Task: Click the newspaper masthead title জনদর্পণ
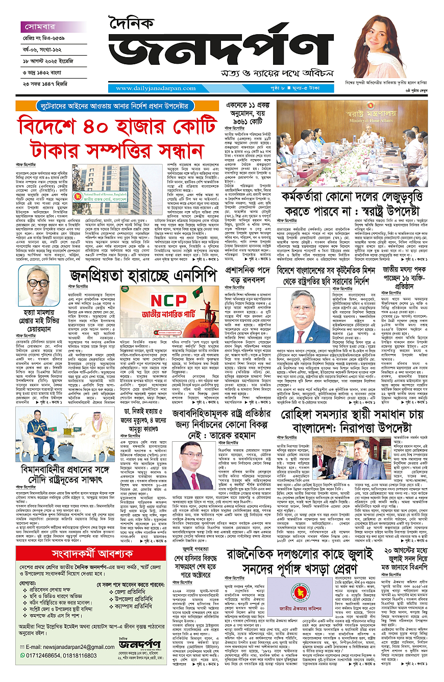(x=225, y=55)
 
